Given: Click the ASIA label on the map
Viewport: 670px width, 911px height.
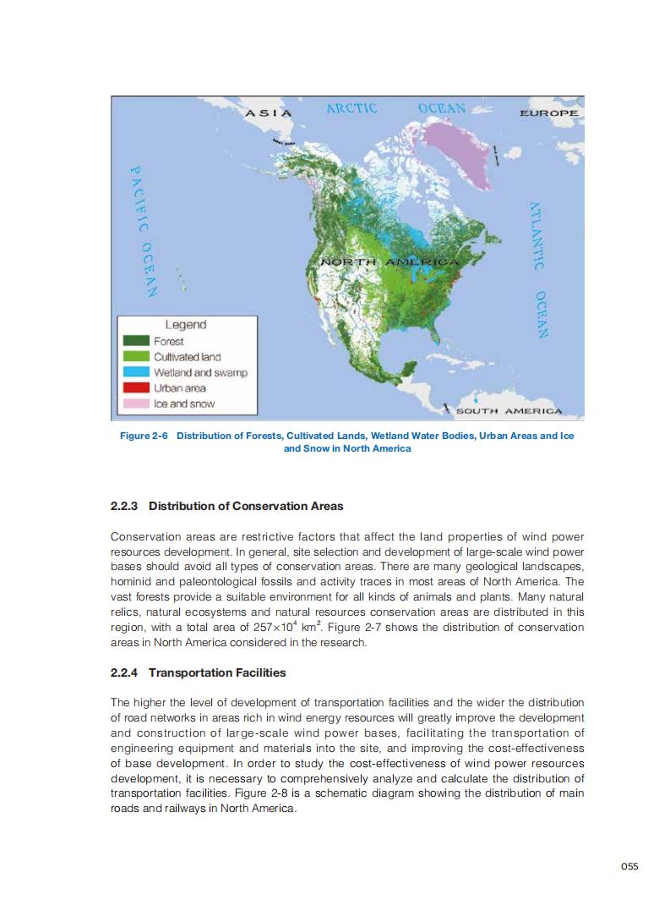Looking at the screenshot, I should tap(269, 113).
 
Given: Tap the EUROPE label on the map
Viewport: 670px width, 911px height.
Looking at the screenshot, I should tap(548, 113).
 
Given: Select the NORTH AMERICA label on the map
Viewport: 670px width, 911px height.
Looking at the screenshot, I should tap(389, 262).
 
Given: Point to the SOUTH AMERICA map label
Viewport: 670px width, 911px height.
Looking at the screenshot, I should tap(509, 411).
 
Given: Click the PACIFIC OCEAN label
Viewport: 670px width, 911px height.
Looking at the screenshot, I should tap(140, 231).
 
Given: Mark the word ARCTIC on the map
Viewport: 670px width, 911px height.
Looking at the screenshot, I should tap(351, 108).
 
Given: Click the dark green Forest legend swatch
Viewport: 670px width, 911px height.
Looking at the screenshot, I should tap(136, 341).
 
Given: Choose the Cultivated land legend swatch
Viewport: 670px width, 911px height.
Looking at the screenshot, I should tap(136, 357).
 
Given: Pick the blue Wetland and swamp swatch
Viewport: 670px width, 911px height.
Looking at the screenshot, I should tap(136, 372).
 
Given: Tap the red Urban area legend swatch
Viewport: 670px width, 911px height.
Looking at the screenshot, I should tap(136, 388).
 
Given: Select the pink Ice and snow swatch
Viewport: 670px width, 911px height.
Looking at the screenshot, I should tap(136, 403).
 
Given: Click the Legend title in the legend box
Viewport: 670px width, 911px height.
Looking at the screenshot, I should tap(185, 324).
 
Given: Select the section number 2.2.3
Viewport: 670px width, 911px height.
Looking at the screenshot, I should tap(125, 506).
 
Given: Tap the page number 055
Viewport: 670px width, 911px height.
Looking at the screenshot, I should tap(629, 864).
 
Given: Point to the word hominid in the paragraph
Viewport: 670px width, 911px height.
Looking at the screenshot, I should tap(132, 583).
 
